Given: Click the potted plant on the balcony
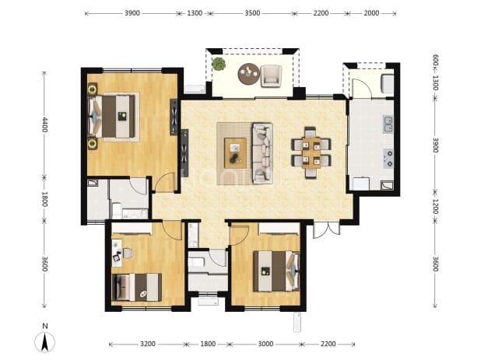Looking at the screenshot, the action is (x=219, y=64).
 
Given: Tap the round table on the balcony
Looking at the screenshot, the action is (x=249, y=74).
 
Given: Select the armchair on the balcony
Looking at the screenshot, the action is (x=271, y=76).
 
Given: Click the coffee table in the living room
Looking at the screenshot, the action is (x=235, y=153).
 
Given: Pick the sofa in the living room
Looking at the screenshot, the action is (x=262, y=153).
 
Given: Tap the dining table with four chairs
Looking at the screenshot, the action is (x=311, y=152).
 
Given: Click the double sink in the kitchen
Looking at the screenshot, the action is (x=388, y=124).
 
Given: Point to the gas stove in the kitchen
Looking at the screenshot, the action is (x=388, y=159).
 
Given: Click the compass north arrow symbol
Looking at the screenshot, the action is (x=45, y=341).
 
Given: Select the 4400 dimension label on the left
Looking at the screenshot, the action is (x=45, y=124).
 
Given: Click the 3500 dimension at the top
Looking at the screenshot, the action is (x=252, y=13).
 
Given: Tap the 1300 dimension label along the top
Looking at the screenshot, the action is (x=195, y=13).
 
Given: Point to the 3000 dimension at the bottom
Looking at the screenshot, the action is (x=265, y=344).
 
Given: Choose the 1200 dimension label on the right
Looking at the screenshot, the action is (x=435, y=206).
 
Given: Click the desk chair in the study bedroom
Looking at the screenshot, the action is (x=128, y=253).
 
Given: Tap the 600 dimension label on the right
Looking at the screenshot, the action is (x=435, y=61).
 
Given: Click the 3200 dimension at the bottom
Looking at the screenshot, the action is (x=148, y=344).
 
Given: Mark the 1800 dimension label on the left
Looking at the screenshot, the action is (x=45, y=199).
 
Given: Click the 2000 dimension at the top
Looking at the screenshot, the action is (x=371, y=13).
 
